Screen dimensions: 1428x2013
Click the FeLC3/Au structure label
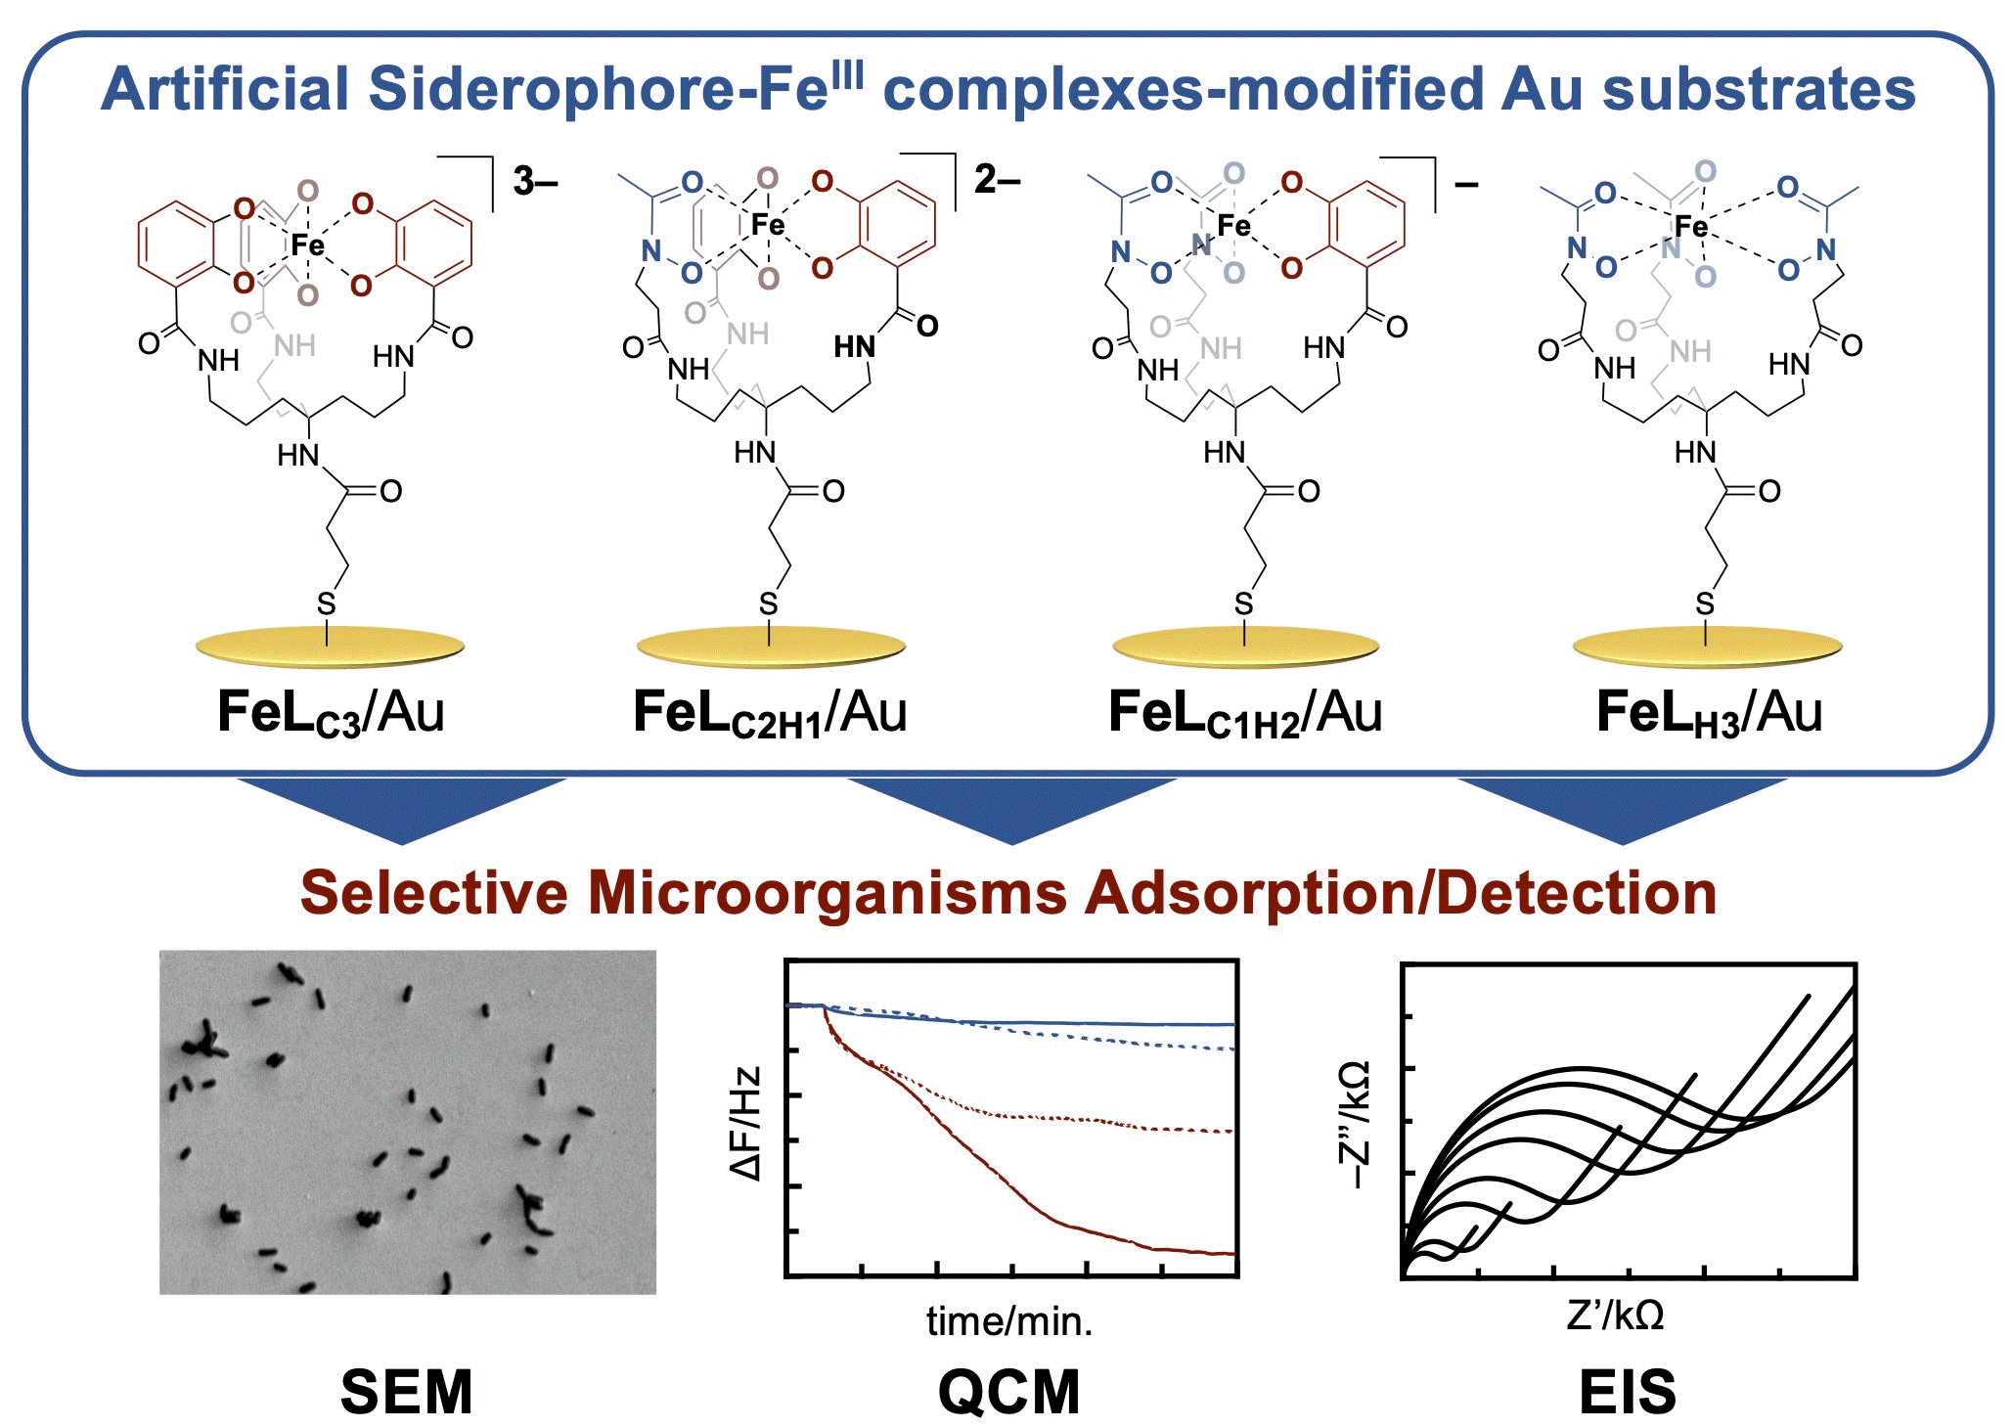click(331, 713)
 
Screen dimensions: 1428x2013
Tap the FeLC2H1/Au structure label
click(770, 713)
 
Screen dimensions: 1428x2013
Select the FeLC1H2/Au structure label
click(1244, 713)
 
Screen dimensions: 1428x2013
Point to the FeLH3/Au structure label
click(1709, 713)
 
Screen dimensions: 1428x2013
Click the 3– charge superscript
click(534, 181)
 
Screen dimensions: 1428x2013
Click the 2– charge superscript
click(997, 179)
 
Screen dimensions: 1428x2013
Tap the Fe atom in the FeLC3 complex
click(307, 245)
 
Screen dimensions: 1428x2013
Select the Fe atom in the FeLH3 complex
click(1691, 227)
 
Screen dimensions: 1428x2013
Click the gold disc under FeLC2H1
click(771, 647)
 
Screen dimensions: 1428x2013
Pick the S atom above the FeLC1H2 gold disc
click(1243, 604)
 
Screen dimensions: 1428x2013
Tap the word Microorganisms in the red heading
click(827, 892)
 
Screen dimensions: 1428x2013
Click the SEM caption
click(406, 1391)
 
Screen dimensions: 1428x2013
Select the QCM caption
click(1009, 1391)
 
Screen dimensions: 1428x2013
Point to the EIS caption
click(1628, 1391)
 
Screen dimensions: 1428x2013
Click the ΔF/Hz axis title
click(745, 1123)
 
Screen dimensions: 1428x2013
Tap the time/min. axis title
click(1009, 1321)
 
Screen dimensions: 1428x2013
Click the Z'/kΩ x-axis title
click(1615, 1316)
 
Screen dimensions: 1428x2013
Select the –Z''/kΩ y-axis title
click(1356, 1125)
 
